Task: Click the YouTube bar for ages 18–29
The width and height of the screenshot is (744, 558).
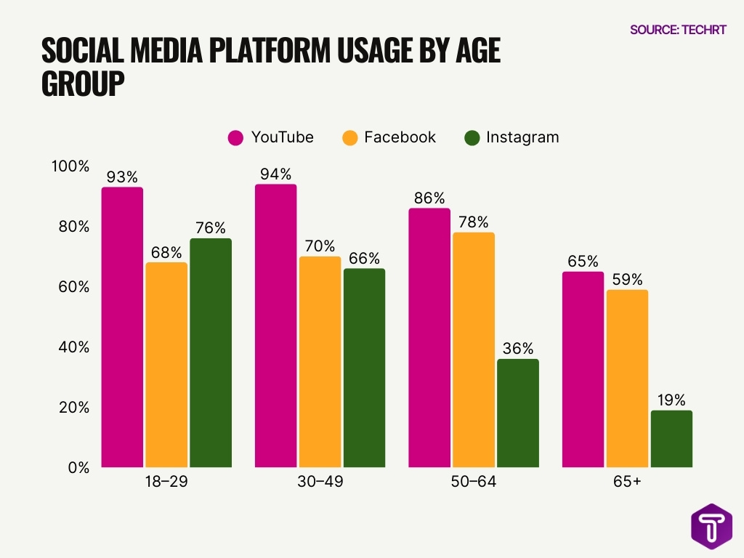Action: coord(122,327)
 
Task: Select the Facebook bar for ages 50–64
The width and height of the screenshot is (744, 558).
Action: coord(473,349)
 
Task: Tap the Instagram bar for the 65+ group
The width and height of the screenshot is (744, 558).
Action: coord(671,439)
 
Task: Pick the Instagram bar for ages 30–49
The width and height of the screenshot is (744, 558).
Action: coord(364,368)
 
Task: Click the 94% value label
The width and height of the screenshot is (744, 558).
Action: coord(275,174)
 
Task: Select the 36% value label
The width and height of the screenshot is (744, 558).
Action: coord(517,349)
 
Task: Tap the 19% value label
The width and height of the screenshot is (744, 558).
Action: coord(671,400)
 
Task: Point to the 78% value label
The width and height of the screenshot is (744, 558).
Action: coord(473,222)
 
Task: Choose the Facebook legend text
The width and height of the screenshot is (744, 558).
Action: coord(400,137)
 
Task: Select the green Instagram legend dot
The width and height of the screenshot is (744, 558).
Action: coord(472,137)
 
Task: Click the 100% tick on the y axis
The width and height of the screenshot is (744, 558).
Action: coord(70,166)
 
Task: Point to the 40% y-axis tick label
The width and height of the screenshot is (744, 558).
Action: coord(73,347)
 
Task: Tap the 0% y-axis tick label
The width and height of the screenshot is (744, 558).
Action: coord(77,468)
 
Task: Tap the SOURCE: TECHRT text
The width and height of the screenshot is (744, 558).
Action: coord(677,30)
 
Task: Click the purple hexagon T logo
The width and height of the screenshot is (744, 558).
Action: coord(711,525)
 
